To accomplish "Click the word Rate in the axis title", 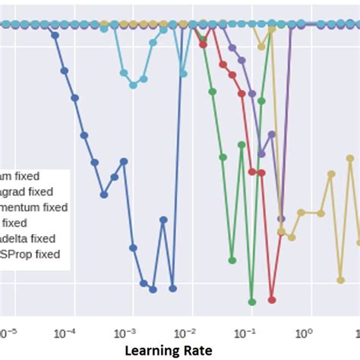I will click(205, 350).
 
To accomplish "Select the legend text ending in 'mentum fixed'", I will click(33, 207).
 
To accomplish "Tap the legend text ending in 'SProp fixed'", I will click(33, 254).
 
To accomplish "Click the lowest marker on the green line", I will click(252, 300).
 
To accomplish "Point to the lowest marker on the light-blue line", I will click(133, 84).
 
